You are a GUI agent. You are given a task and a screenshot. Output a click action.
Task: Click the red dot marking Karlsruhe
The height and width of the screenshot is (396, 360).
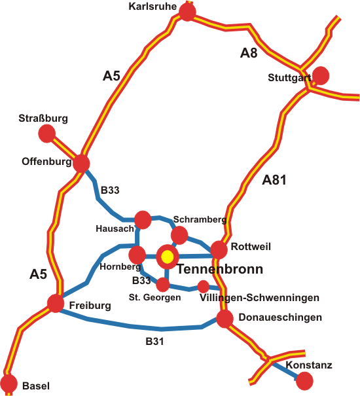pyautogui.click(x=187, y=12)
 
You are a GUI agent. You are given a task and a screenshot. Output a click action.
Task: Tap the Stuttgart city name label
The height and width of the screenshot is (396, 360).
pyautogui.click(x=289, y=78)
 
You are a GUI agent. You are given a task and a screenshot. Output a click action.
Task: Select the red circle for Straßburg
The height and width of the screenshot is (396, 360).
pyautogui.click(x=47, y=133)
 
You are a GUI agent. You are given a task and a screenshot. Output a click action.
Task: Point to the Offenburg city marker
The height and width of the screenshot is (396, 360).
pyautogui.click(x=81, y=164)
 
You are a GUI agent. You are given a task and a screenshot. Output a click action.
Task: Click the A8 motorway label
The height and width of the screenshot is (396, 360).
pyautogui.click(x=249, y=53)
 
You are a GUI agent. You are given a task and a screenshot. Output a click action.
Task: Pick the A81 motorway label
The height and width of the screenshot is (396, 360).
pyautogui.click(x=274, y=180)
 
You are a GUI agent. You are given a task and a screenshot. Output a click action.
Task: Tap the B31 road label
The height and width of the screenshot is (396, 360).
pyautogui.click(x=155, y=342)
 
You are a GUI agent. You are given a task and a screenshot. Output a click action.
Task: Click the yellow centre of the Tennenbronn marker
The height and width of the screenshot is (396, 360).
pyautogui.click(x=167, y=257)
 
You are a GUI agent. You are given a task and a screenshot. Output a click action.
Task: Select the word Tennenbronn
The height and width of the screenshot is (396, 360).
pyautogui.click(x=220, y=269)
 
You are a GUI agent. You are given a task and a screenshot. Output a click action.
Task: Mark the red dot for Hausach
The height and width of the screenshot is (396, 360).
pyautogui.click(x=143, y=220)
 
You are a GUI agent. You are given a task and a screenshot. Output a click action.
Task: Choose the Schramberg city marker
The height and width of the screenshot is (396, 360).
pyautogui.click(x=179, y=235)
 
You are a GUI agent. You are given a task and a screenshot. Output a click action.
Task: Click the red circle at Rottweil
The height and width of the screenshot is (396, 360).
pyautogui.click(x=219, y=250)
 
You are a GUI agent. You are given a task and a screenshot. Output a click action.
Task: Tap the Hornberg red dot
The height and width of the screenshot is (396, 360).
pyautogui.click(x=137, y=255)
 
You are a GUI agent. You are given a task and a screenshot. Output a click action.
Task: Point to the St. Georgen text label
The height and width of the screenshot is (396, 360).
pyautogui.click(x=155, y=297)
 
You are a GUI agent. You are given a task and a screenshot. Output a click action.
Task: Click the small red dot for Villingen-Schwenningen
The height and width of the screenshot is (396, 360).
pyautogui.click(x=204, y=287)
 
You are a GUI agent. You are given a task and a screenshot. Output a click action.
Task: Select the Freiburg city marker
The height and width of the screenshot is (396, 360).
pyautogui.click(x=56, y=303)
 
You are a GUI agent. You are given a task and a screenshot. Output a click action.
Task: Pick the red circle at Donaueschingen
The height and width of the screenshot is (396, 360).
pyautogui.click(x=225, y=319)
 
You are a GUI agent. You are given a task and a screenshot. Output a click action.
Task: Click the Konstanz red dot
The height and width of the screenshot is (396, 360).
pyautogui.click(x=304, y=380)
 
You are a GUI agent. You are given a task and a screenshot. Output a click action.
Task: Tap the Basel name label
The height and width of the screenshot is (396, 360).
pyautogui.click(x=36, y=386)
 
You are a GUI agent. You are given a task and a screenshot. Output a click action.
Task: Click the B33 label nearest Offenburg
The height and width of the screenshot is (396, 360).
pyautogui.click(x=110, y=190)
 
